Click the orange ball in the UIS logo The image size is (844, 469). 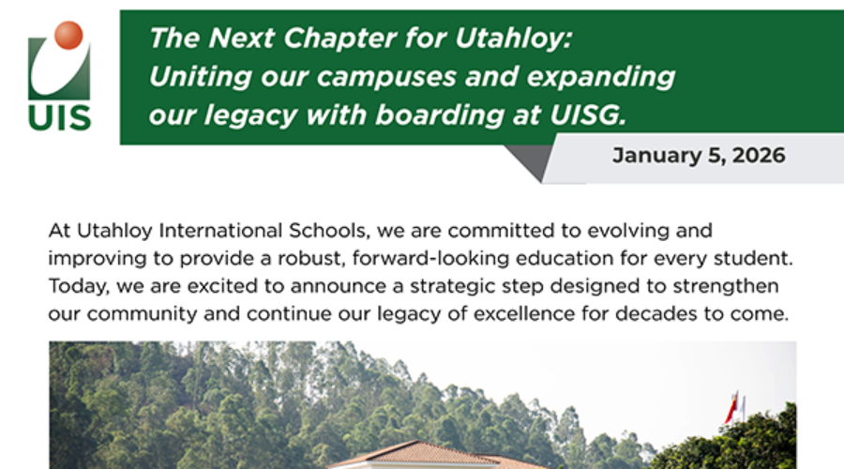pos(68,36)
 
